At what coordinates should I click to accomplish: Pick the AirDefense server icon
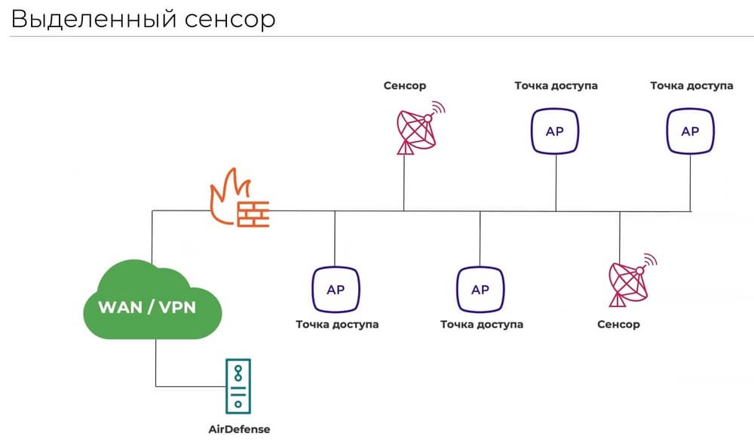tap(238, 386)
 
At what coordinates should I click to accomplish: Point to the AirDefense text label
tap(238, 429)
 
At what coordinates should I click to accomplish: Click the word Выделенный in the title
tap(91, 19)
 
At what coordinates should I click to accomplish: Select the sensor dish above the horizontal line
tap(417, 129)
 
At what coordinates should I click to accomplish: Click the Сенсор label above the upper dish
tap(405, 85)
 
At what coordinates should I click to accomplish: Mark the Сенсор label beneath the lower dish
tap(618, 325)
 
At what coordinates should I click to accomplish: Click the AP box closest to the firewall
tap(336, 290)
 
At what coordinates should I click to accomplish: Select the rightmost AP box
tap(690, 131)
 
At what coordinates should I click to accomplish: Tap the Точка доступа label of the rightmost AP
tap(691, 85)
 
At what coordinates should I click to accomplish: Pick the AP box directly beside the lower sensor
tap(480, 290)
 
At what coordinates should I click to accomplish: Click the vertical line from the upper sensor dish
tap(403, 181)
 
